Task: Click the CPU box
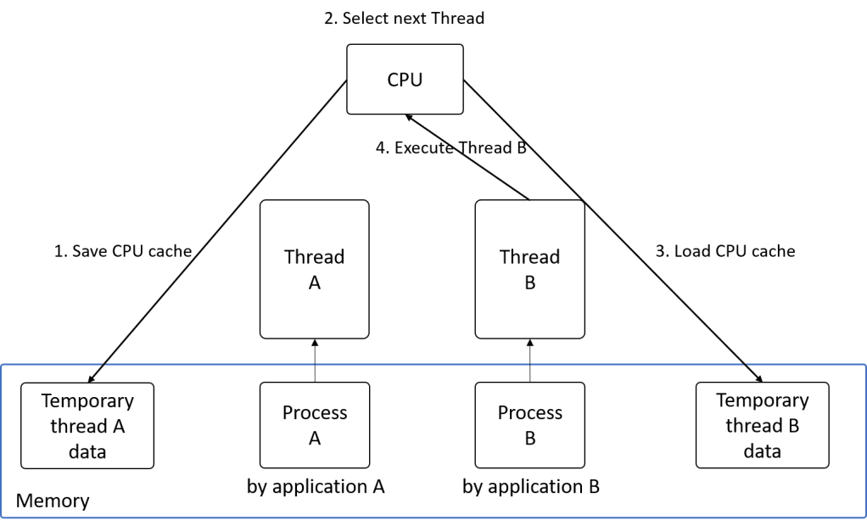(x=406, y=79)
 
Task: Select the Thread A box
(x=314, y=269)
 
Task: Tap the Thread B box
(x=529, y=269)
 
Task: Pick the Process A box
(x=314, y=424)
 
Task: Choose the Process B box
(x=529, y=424)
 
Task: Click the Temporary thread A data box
(x=87, y=426)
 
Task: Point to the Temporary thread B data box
(x=762, y=425)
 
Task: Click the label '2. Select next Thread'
(x=405, y=18)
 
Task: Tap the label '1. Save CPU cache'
(x=123, y=251)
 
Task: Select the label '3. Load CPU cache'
(x=725, y=251)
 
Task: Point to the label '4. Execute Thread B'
(x=450, y=148)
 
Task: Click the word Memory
(x=53, y=501)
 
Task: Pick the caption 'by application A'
(x=316, y=488)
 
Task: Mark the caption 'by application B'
(x=531, y=488)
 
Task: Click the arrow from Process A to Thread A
(x=314, y=361)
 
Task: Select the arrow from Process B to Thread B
(x=529, y=361)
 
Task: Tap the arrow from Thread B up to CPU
(x=475, y=161)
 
